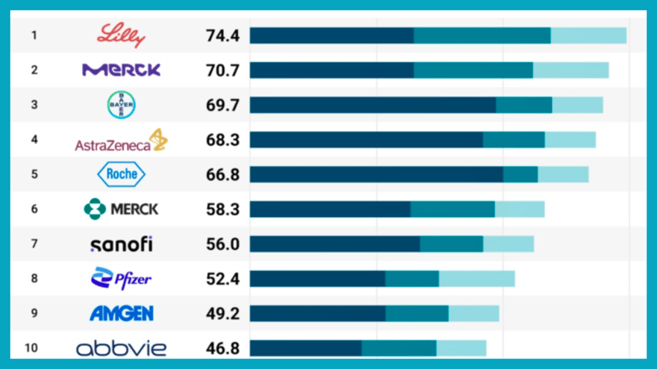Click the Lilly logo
click(121, 35)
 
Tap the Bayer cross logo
click(121, 105)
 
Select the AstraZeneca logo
click(121, 141)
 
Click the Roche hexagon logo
click(121, 174)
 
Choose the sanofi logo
click(121, 244)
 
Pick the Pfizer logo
click(121, 279)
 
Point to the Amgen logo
click(121, 314)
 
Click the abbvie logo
click(121, 348)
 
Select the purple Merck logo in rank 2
click(121, 70)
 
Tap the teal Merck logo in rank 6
click(121, 209)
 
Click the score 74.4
click(222, 35)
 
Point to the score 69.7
click(222, 105)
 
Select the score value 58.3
click(222, 209)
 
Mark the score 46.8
click(222, 348)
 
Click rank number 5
click(34, 174)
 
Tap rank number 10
click(31, 348)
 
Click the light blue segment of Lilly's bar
click(588, 35)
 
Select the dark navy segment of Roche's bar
click(376, 174)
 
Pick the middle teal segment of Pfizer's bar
click(412, 279)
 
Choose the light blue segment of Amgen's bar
click(474, 314)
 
